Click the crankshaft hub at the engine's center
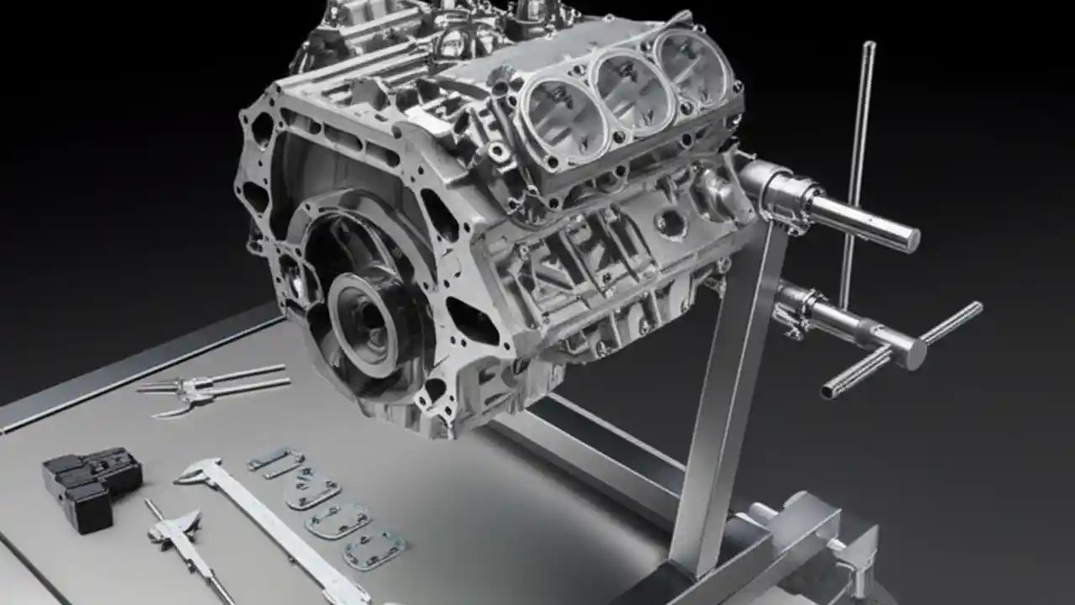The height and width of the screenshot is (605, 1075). [363, 312]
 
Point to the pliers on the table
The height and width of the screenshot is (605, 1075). [210, 387]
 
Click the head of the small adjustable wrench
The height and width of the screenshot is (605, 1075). [176, 525]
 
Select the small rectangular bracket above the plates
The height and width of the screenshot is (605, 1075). [275, 461]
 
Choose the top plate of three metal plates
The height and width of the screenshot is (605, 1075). [312, 490]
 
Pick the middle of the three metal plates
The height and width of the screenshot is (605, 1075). [338, 521]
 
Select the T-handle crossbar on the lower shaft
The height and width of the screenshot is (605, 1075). [903, 349]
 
